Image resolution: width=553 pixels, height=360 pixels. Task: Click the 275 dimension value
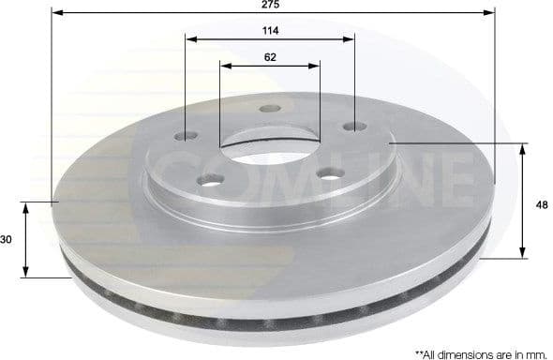click(x=270, y=5)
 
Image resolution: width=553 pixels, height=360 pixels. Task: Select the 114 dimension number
click(x=271, y=30)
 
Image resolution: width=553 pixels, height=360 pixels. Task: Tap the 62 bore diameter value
click(x=270, y=56)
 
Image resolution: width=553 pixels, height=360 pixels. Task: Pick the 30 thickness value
click(x=7, y=240)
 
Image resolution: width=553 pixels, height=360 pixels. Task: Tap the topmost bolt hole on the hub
click(x=269, y=109)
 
